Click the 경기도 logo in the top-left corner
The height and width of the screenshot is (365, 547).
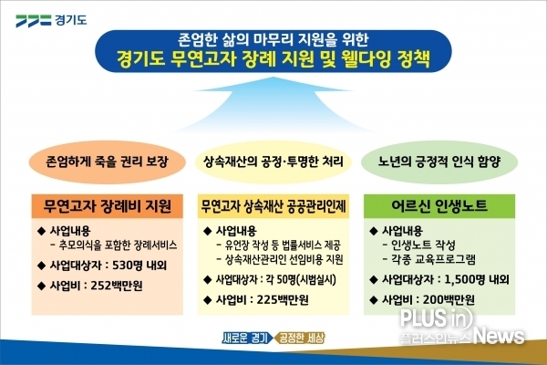[x=51, y=20]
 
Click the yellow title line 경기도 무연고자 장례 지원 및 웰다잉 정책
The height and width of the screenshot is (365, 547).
[x=273, y=59]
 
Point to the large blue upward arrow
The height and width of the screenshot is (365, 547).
[x=273, y=105]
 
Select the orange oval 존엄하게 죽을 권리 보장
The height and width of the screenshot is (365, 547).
[x=107, y=162]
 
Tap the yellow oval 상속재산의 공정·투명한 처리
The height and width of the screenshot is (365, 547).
[x=273, y=162]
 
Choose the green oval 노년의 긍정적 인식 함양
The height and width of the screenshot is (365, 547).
[x=439, y=162]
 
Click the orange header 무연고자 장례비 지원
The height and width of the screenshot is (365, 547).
[x=107, y=206]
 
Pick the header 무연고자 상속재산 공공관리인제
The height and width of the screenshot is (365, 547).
[x=273, y=206]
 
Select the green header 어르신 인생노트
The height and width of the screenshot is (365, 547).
[x=439, y=206]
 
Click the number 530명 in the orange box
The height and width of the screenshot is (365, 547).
[x=128, y=266]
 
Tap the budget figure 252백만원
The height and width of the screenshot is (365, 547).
[x=117, y=286]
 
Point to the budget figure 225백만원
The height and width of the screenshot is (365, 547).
[x=283, y=299]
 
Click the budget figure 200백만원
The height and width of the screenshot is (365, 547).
[x=449, y=299]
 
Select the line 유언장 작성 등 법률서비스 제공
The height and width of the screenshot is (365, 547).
[x=283, y=245]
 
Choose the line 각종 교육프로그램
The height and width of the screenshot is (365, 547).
[x=433, y=259]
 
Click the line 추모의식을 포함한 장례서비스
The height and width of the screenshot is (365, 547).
[x=118, y=245]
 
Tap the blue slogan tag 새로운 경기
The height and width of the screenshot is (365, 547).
[x=246, y=338]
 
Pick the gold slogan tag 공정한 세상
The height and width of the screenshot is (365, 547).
[x=300, y=338]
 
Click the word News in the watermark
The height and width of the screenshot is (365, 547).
[x=500, y=336]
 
